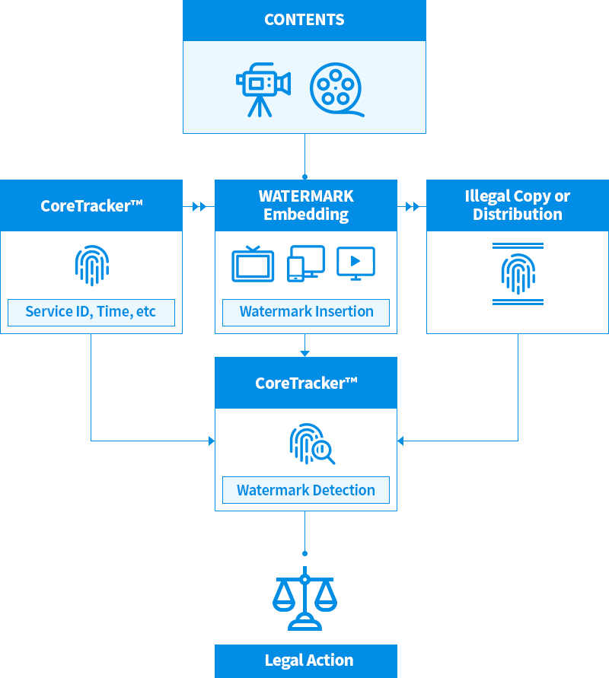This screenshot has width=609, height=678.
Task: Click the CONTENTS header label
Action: click(x=304, y=20)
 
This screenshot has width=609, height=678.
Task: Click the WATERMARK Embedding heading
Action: click(x=306, y=205)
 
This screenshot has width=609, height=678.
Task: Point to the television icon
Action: click(x=253, y=264)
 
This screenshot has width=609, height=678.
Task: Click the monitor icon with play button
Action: click(x=356, y=263)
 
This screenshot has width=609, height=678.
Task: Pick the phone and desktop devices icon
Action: click(x=305, y=263)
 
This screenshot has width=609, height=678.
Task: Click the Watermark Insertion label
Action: click(x=306, y=311)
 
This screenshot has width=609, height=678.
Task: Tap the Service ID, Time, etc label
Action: click(x=91, y=311)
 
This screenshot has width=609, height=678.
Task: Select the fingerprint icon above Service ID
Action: click(x=91, y=264)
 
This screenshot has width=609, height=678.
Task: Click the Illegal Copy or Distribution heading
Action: click(x=518, y=205)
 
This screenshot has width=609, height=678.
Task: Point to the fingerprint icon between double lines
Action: click(x=518, y=273)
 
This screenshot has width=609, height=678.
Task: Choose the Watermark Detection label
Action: click(x=305, y=490)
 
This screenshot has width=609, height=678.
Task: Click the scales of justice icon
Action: click(x=304, y=597)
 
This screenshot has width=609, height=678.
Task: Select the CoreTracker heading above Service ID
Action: click(x=91, y=205)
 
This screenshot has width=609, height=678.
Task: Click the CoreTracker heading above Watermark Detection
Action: click(x=306, y=383)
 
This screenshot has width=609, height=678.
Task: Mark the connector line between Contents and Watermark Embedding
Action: click(x=304, y=156)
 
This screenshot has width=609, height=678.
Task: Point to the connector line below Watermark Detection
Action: click(x=304, y=531)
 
